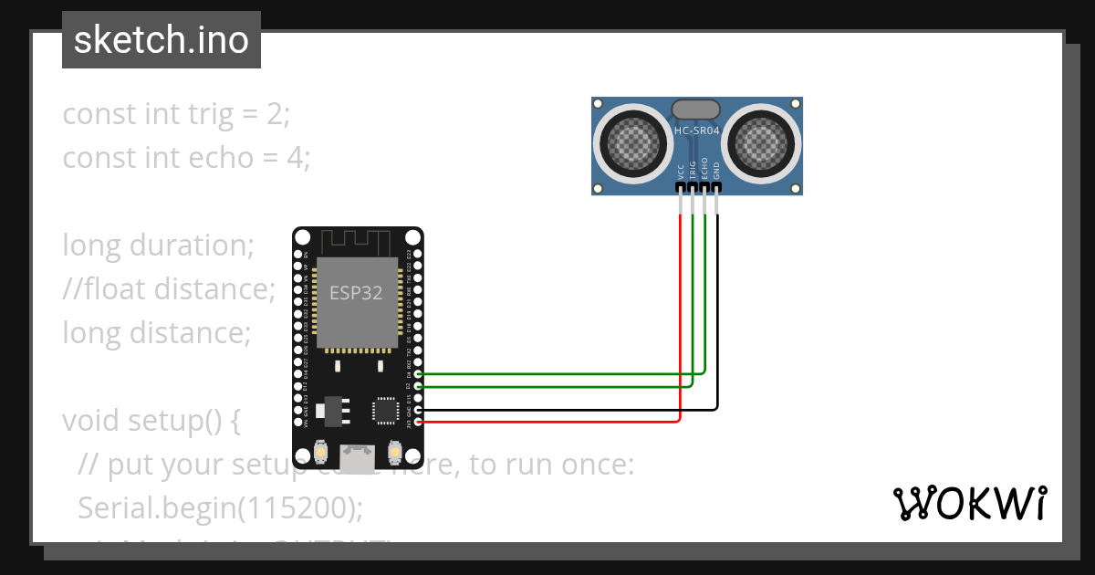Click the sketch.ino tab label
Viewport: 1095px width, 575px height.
(162, 40)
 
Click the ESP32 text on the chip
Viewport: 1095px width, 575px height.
(356, 293)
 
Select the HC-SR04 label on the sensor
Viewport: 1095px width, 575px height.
(696, 131)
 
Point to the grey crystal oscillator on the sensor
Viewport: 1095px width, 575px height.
(697, 110)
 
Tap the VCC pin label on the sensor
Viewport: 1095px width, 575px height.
(681, 171)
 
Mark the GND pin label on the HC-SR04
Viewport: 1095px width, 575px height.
(716, 171)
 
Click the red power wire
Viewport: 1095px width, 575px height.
(681, 319)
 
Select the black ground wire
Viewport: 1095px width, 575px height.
(717, 319)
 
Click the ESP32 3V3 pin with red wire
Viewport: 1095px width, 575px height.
(418, 422)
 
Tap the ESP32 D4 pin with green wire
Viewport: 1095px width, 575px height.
(418, 374)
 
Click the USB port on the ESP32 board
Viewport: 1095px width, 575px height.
(357, 457)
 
